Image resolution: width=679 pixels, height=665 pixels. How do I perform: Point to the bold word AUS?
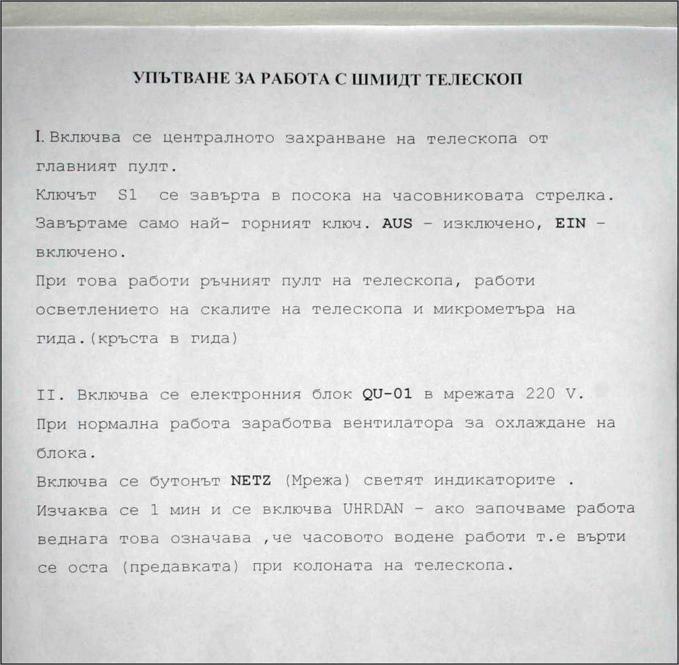tap(398, 224)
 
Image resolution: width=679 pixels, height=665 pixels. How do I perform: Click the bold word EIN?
tap(571, 224)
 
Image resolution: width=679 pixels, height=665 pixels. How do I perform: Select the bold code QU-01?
tap(387, 395)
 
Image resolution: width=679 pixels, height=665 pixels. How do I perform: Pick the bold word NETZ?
tap(251, 481)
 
